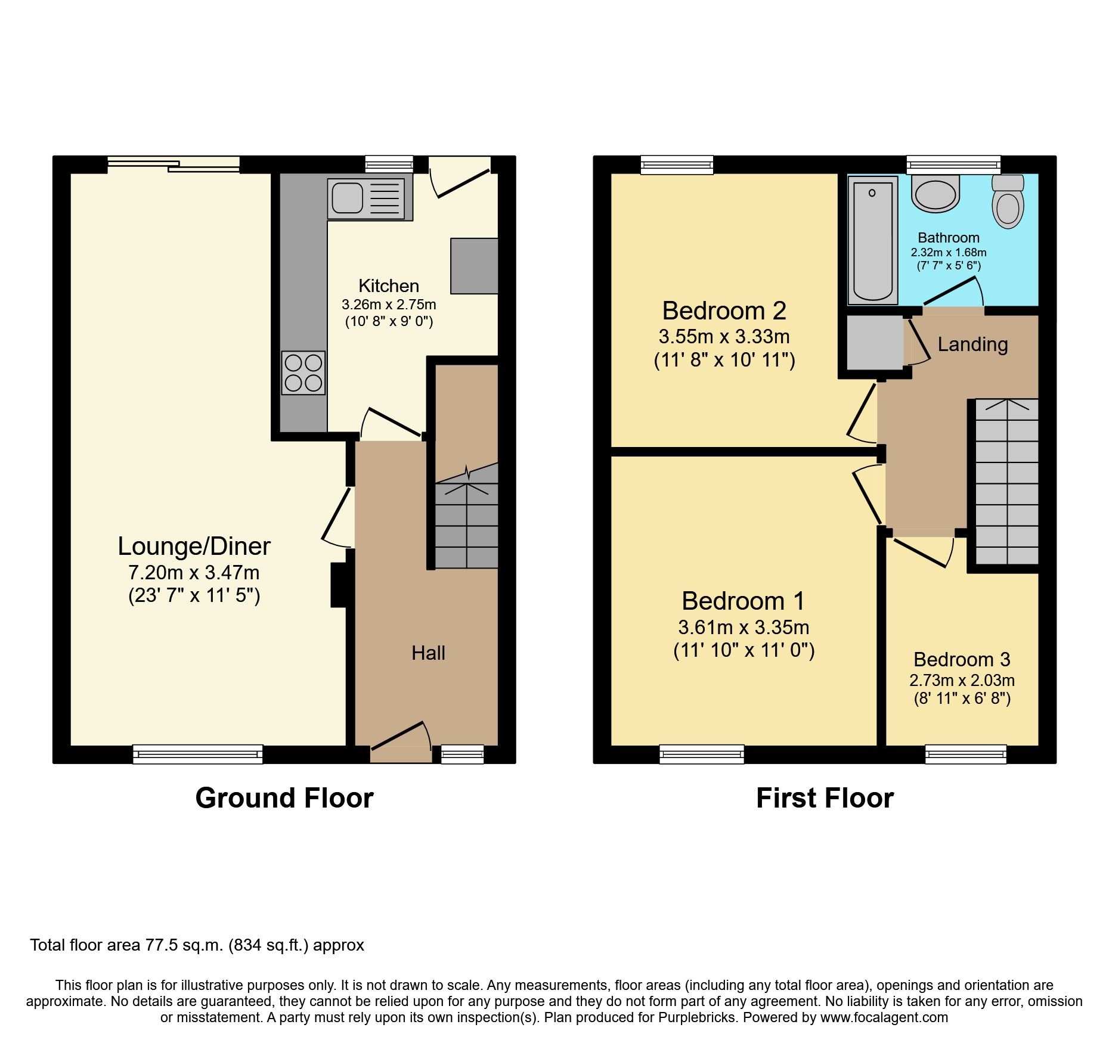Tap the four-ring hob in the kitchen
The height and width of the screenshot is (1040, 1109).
click(303, 372)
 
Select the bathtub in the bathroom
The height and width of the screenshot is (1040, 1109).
click(873, 241)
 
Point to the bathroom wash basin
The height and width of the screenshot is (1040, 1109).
click(935, 194)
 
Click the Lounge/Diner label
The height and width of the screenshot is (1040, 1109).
click(194, 547)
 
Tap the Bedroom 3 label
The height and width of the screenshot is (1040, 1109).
click(962, 660)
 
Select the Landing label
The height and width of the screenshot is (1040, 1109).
click(972, 344)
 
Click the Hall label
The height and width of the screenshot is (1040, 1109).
click(428, 653)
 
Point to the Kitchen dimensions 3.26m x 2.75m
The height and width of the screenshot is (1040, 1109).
click(389, 305)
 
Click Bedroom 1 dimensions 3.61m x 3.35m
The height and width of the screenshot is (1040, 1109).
click(744, 627)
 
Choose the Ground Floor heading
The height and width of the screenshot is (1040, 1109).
click(284, 798)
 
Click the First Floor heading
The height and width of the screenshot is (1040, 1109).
click(825, 798)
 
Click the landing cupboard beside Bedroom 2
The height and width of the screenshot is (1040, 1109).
click(875, 343)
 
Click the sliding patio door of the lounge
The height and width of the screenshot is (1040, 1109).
click(174, 164)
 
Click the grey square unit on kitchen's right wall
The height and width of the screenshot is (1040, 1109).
click(474, 266)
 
